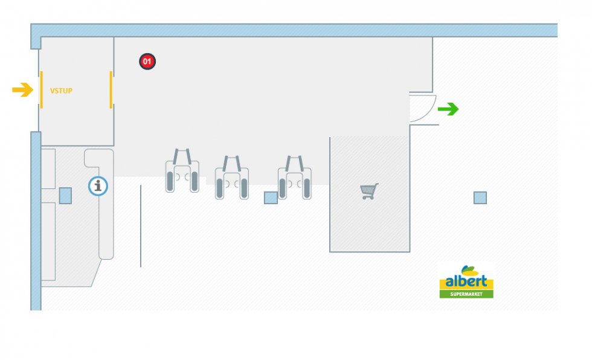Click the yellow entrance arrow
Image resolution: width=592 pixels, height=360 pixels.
click(x=22, y=91)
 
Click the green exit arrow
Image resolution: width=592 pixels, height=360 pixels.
click(x=448, y=109)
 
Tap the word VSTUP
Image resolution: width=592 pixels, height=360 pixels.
click(x=61, y=91)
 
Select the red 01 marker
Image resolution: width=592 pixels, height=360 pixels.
click(x=147, y=61)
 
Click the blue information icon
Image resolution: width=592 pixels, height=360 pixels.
click(x=98, y=186)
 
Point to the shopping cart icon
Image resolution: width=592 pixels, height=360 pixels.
click(x=369, y=191)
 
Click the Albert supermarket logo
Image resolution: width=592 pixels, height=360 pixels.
click(x=466, y=281)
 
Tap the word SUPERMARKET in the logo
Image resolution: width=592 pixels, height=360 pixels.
click(x=466, y=294)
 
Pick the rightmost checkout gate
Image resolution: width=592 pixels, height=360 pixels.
click(x=295, y=177)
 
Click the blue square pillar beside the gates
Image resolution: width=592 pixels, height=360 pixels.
click(x=271, y=198)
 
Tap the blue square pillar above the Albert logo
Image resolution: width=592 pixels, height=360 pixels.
click(x=480, y=198)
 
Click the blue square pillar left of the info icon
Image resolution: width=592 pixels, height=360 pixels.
click(x=65, y=195)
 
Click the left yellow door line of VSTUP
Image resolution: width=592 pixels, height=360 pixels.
click(x=41, y=89)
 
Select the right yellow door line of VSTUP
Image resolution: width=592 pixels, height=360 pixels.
click(x=111, y=89)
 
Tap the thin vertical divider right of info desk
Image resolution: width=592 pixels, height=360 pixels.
click(x=141, y=227)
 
